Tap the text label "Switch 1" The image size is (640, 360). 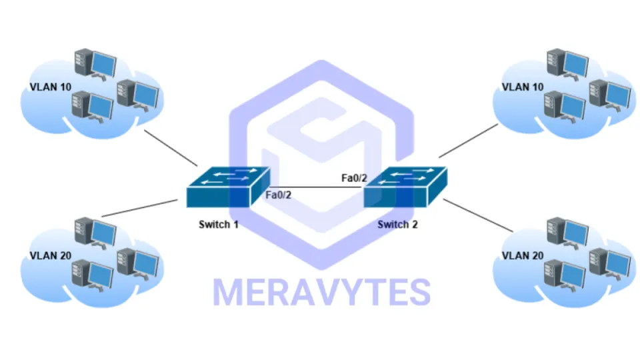[219, 225]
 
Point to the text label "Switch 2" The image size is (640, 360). [397, 225]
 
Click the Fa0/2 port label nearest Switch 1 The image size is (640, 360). [279, 195]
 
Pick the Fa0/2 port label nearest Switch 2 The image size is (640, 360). [353, 179]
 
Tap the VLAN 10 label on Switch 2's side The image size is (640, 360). [522, 87]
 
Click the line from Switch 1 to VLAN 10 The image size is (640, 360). [171, 149]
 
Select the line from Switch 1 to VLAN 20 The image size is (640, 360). [143, 208]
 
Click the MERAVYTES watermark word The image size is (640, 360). [321, 292]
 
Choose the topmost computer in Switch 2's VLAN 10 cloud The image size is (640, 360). [567, 64]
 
